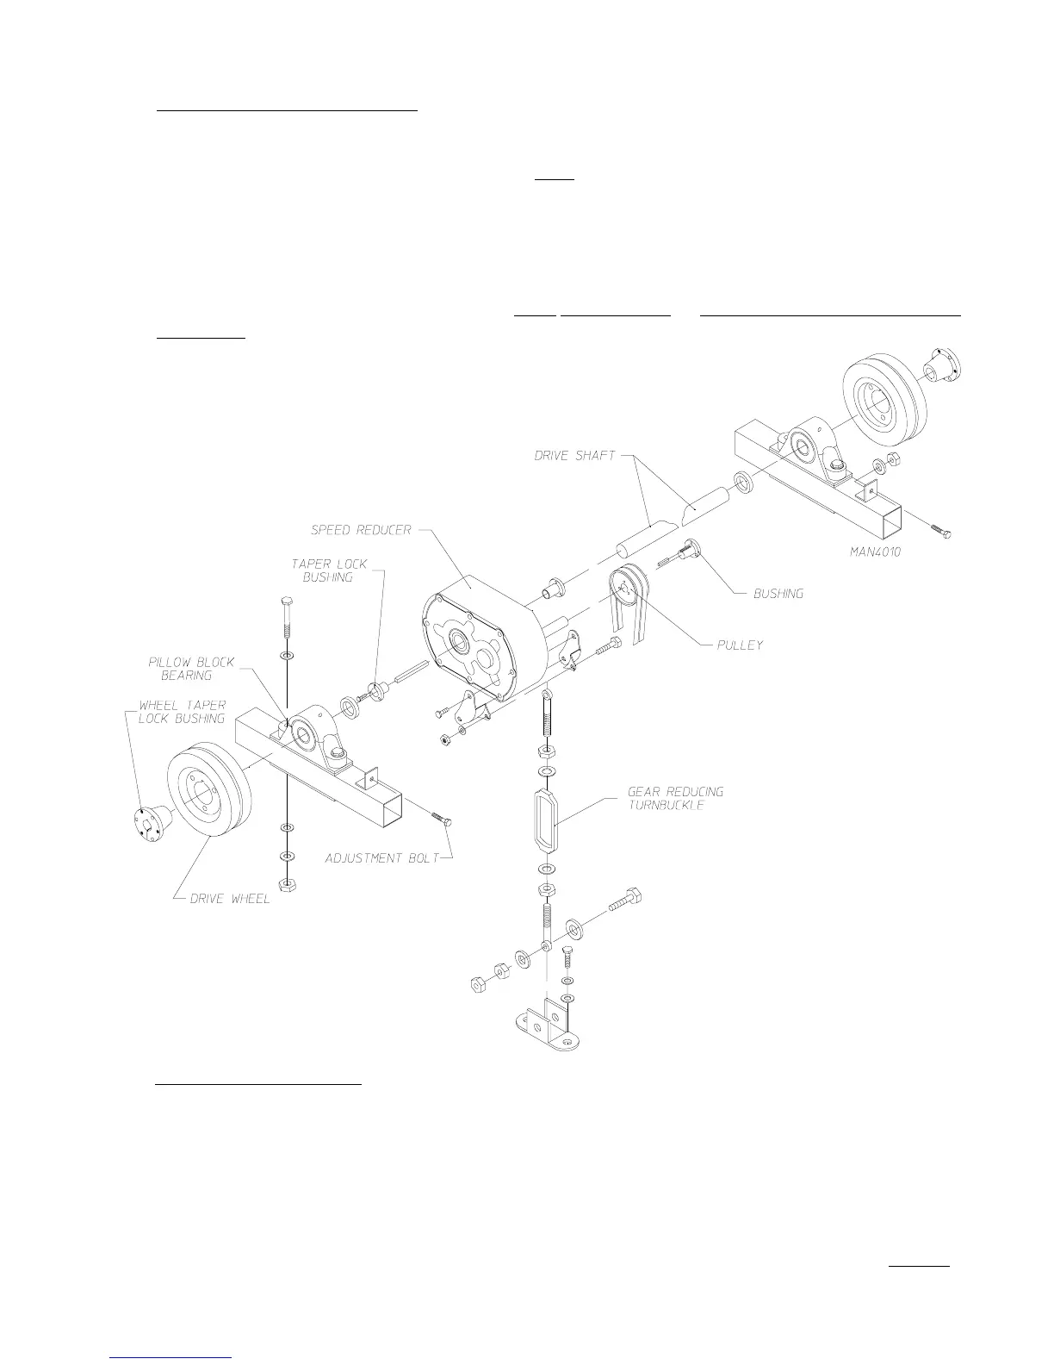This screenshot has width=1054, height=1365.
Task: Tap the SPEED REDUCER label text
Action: [x=362, y=530]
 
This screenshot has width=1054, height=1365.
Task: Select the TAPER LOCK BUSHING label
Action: [x=328, y=570]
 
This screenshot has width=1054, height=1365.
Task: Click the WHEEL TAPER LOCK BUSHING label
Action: [x=182, y=712]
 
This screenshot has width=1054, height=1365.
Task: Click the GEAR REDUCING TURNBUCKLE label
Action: [x=675, y=798]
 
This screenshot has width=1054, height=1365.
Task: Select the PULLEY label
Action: [x=740, y=645]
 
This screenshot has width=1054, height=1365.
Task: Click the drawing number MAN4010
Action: [x=870, y=552]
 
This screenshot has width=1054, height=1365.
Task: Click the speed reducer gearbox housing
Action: [x=482, y=638]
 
